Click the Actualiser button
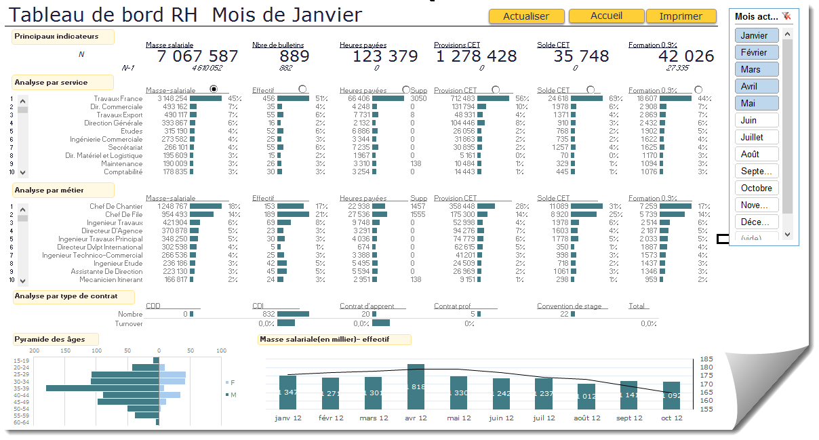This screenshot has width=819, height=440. pos(526,16)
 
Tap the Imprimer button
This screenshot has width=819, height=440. pos(681,16)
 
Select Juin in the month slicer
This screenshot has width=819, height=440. pos(756,120)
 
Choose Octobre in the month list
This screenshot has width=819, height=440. pos(756,188)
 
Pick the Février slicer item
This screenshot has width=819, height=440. pos(756,52)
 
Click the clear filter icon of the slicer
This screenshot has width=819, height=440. pos(786,16)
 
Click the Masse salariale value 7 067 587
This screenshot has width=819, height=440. pos(197,56)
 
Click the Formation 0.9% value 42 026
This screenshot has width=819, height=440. pos(686,56)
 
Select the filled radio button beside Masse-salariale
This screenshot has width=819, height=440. pos(214,89)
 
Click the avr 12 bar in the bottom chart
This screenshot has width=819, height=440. pos(416,386)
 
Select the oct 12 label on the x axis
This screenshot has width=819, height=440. pos(672,418)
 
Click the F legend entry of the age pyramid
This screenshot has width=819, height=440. pos(231,382)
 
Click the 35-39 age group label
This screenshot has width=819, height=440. pos(21,388)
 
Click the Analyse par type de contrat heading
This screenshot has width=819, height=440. pos(66,296)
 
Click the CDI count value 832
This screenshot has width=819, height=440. pos(268,314)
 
